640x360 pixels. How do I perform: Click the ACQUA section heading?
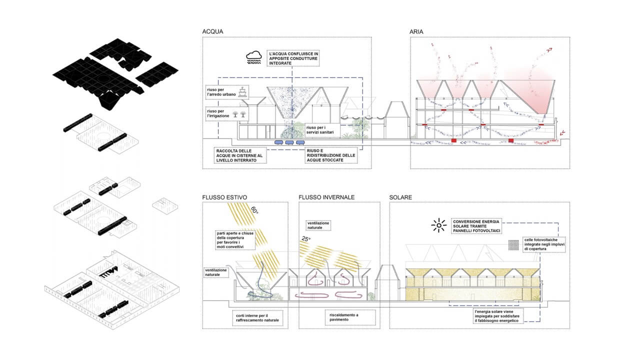212,31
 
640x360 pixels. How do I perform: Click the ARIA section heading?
416,31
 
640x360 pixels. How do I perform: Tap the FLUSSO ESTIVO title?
224,197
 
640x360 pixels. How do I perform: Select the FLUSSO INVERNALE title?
326,197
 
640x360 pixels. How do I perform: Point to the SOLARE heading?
400,197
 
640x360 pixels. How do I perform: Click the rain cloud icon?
253,57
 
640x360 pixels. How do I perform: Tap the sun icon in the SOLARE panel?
438,225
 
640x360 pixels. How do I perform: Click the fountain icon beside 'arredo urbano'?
242,92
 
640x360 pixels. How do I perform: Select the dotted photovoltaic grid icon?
513,245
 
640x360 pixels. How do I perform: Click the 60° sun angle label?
254,210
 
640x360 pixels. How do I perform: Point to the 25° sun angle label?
305,238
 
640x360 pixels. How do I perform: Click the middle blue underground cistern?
289,142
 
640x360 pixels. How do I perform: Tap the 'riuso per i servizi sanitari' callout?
323,130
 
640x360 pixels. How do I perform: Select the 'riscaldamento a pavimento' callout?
350,317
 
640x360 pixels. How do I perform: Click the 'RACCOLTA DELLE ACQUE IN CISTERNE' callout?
240,155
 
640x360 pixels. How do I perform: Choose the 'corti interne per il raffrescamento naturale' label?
257,318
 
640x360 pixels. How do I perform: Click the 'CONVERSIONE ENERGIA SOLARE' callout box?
476,226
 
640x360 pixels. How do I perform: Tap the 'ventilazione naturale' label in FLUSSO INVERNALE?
318,225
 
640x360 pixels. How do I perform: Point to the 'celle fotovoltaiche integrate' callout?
544,244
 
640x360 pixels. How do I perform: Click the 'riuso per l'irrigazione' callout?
227,113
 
